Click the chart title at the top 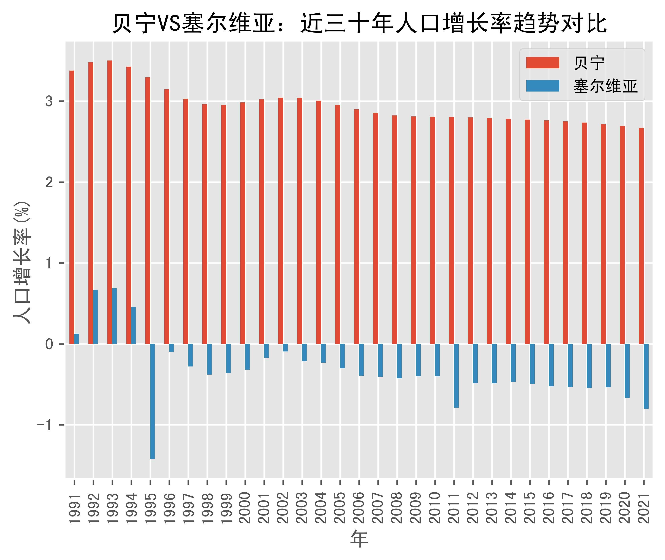click(x=359, y=24)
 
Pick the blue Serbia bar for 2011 click(x=456, y=376)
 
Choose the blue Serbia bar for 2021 click(x=646, y=376)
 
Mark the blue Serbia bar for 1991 click(x=77, y=339)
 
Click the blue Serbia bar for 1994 click(x=134, y=325)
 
